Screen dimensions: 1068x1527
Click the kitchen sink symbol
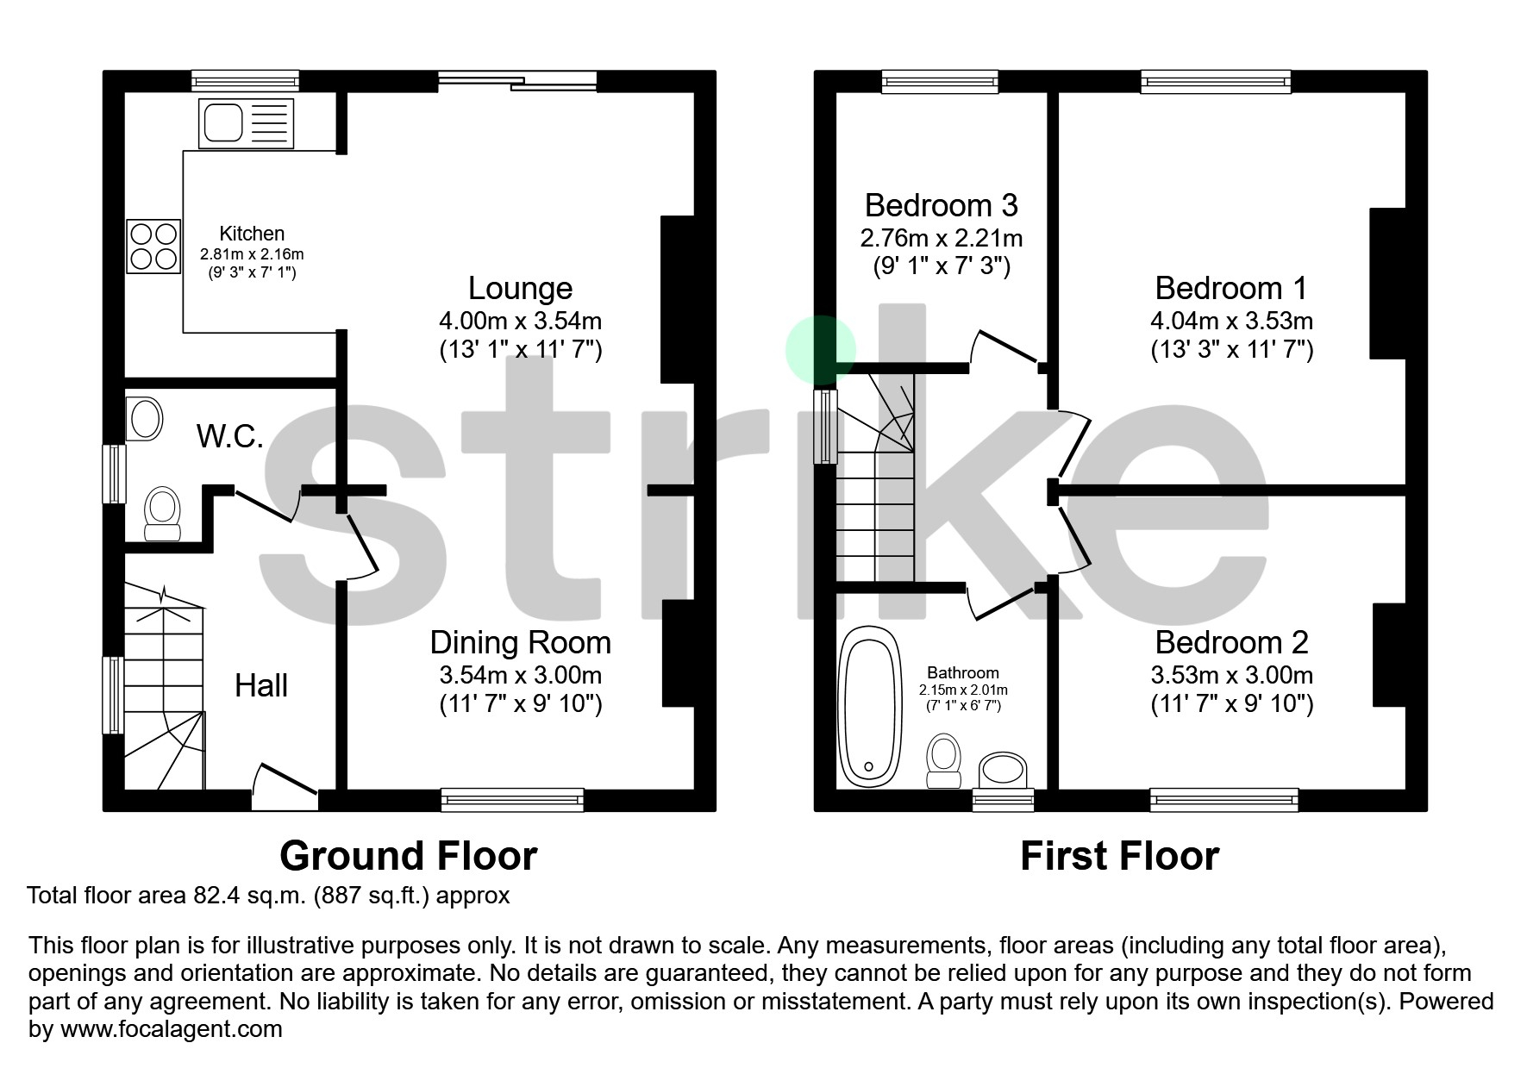[246, 122]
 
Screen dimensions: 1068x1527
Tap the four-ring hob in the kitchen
[154, 247]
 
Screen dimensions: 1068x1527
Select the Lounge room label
[520, 288]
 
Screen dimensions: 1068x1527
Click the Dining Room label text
[520, 643]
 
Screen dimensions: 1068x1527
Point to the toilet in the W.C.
[162, 515]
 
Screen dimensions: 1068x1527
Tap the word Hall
[261, 686]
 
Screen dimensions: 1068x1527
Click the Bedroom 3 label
[941, 205]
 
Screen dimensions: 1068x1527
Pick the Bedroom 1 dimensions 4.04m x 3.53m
[1231, 322]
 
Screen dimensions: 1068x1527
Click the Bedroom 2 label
[1231, 643]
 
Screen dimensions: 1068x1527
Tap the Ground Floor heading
[409, 856]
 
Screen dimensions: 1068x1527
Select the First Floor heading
[1119, 856]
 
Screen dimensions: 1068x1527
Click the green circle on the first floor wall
[820, 350]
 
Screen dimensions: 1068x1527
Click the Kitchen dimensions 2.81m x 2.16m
[252, 255]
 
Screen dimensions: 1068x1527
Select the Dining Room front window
[512, 800]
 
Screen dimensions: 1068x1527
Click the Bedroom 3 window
[940, 82]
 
